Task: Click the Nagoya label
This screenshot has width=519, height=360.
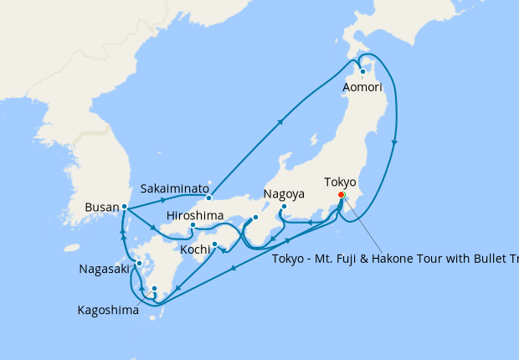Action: click(x=283, y=194)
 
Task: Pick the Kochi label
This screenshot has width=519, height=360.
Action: click(x=195, y=249)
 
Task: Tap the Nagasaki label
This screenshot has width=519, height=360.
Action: click(x=106, y=269)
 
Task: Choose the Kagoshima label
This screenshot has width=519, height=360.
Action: click(x=109, y=310)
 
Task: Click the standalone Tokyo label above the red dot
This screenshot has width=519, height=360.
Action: click(x=340, y=181)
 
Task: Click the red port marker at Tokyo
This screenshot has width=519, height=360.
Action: click(x=341, y=195)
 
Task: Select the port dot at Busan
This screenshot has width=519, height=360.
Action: click(x=124, y=206)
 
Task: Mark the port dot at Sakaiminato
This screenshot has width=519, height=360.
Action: click(x=208, y=198)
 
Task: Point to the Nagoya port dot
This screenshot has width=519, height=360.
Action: click(x=284, y=206)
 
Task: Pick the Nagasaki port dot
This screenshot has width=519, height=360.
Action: click(x=139, y=264)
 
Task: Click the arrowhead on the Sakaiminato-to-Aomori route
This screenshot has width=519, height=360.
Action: click(x=280, y=121)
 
